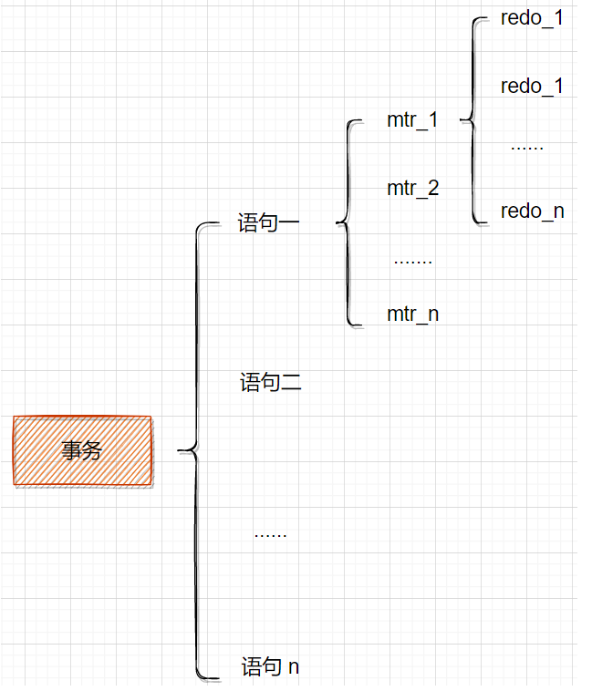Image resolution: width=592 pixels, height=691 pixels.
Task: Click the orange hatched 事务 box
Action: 82,450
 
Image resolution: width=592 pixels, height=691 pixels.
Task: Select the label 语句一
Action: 270,223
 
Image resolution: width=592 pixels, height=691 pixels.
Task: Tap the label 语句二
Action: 271,383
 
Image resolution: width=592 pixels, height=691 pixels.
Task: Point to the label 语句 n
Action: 270,667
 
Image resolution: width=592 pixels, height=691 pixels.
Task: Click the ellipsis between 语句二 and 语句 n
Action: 270,535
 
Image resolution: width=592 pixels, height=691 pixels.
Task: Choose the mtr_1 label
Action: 412,120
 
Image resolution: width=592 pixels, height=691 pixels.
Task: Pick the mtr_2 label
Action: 412,189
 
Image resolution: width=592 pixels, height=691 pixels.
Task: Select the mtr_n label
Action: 412,315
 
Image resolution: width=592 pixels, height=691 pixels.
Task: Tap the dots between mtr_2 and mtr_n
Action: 412,262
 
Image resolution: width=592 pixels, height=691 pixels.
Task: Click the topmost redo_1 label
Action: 532,18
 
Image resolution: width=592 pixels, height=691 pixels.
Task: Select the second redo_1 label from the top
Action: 532,87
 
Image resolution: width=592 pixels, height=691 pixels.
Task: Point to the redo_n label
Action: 532,211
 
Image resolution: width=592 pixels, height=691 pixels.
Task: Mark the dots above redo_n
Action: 526,147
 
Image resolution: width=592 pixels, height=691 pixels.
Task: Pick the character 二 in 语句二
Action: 291,383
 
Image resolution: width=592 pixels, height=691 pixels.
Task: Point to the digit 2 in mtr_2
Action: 432,189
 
